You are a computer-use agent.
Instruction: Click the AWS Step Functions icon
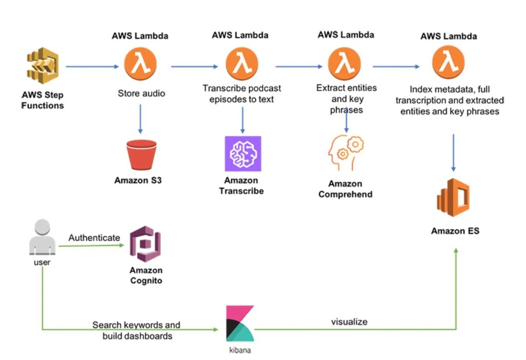point(43,67)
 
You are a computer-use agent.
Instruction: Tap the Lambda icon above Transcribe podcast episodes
point(242,65)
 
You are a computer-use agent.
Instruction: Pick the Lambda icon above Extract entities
point(345,65)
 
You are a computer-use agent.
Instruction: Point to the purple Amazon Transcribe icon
point(243,153)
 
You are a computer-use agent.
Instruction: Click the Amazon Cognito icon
point(146,244)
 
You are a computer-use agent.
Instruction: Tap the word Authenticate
point(94,238)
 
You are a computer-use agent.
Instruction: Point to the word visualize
point(349,322)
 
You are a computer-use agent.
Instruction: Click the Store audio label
point(141,93)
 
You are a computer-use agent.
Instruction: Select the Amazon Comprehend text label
point(345,189)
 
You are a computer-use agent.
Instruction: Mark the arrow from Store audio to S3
point(140,118)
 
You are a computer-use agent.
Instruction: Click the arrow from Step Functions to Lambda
point(92,67)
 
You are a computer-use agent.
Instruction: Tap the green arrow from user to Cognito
point(92,246)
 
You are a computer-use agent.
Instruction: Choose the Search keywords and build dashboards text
point(136,331)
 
